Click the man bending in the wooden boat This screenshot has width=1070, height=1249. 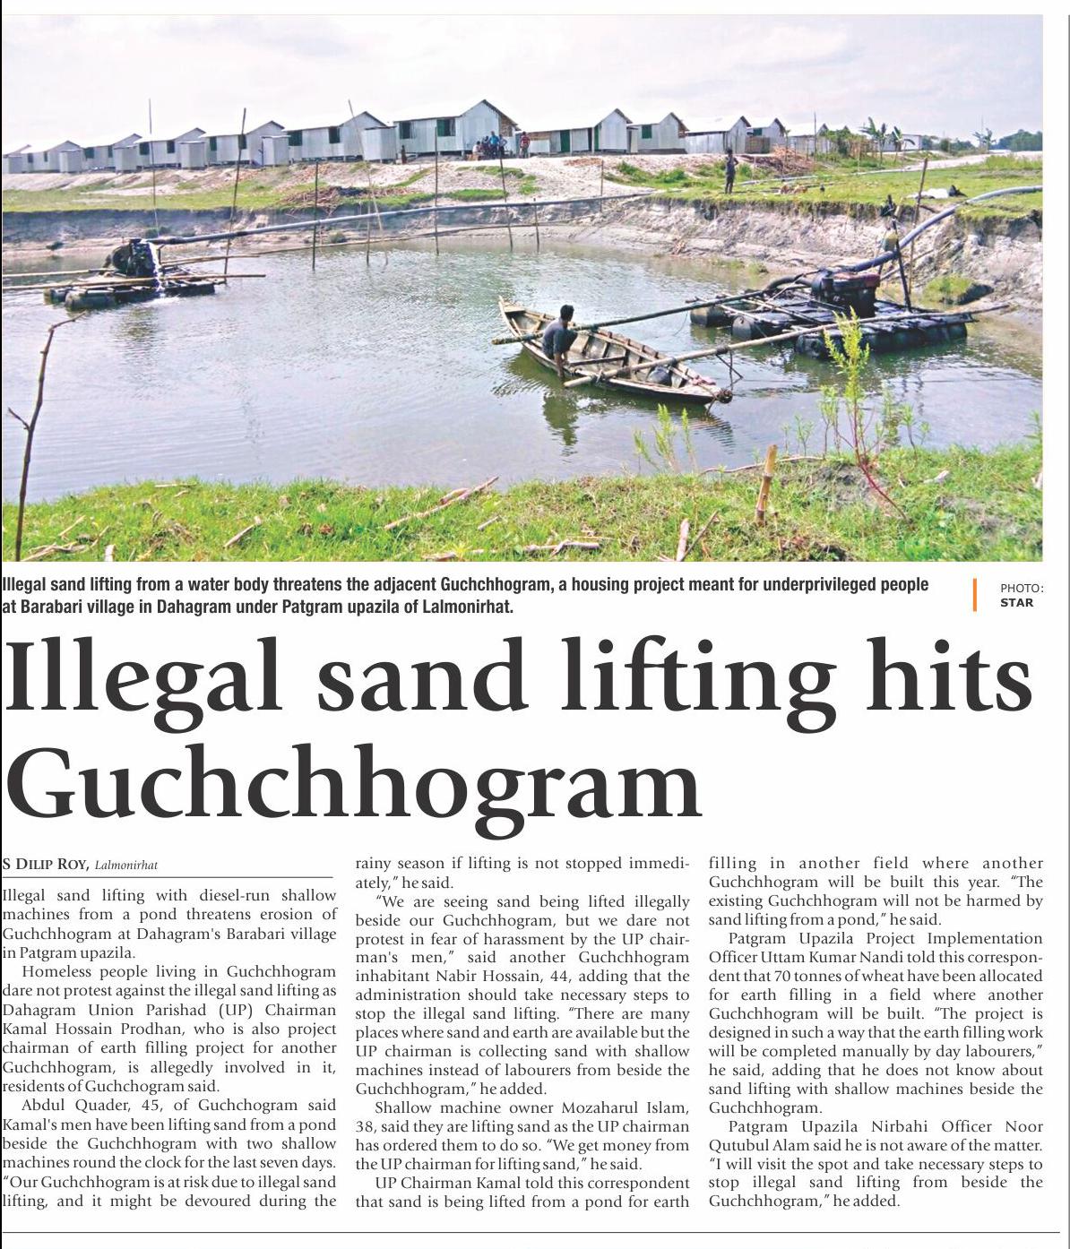click(x=559, y=340)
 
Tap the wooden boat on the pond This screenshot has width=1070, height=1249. click(x=609, y=358)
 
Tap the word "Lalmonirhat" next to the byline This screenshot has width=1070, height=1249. click(x=126, y=866)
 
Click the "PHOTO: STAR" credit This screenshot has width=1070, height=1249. click(x=1021, y=595)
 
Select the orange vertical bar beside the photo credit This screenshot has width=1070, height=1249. click(x=974, y=595)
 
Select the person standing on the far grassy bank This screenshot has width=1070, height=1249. click(x=730, y=172)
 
